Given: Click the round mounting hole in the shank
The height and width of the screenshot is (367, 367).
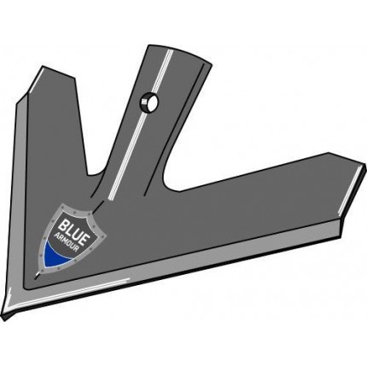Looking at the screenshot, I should (x=149, y=102).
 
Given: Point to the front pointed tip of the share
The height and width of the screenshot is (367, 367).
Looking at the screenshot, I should (x=6, y=317).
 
